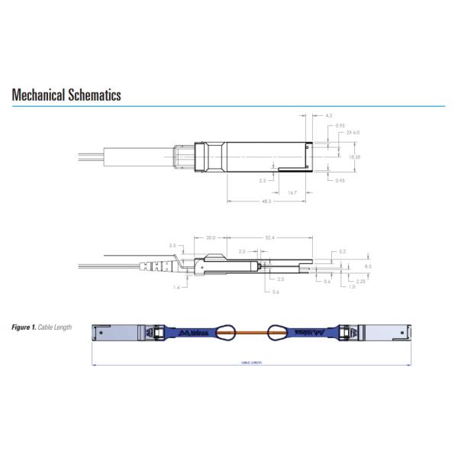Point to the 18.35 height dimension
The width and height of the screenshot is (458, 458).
pos(353,156)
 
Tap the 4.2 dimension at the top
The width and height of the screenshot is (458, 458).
pos(329,115)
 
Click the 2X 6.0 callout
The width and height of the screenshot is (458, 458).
pos(353,133)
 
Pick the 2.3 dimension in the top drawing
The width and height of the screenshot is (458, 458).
pos(263,181)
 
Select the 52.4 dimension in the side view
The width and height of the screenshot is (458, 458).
pos(268,237)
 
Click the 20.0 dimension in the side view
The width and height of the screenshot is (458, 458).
pos(211,237)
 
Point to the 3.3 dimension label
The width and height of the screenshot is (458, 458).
pos(173,245)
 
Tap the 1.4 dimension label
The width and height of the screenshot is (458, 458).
pos(177,287)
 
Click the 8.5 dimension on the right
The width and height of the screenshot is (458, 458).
pos(367,266)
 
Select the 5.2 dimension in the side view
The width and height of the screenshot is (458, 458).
pos(342,251)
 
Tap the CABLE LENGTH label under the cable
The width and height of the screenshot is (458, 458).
pos(251,363)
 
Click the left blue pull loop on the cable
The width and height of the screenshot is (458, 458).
pos(226,334)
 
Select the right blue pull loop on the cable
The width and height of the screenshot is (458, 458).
pos(276,334)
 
